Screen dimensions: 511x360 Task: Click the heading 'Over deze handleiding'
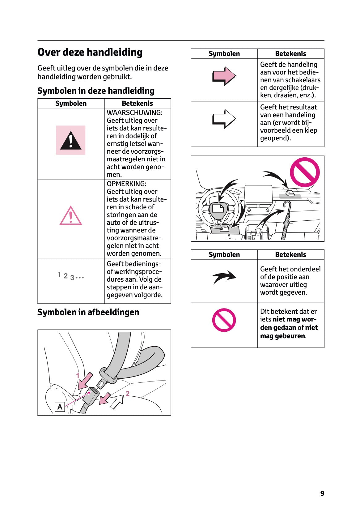tap(90, 52)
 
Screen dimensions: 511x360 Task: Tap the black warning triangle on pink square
tap(70, 140)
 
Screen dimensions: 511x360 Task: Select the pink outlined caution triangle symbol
tap(70, 216)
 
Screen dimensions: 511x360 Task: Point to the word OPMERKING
tap(126, 184)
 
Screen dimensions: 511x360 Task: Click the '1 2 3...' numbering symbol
tap(70, 276)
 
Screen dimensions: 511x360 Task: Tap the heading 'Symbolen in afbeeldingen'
tap(88, 312)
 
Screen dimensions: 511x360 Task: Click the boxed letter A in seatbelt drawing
tap(60, 407)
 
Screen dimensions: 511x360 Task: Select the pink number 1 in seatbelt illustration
tap(78, 376)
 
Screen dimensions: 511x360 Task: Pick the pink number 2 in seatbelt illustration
tap(127, 394)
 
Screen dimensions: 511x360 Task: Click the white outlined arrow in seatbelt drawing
tap(117, 402)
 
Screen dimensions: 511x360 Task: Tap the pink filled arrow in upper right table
tap(224, 76)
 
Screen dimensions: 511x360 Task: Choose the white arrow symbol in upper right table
tap(224, 119)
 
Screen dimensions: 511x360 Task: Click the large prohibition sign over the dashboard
tap(304, 172)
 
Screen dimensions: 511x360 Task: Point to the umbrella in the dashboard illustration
tap(286, 219)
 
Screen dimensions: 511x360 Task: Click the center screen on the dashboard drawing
tap(258, 195)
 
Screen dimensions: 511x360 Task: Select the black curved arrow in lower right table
tap(224, 277)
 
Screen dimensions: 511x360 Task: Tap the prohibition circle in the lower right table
tap(224, 320)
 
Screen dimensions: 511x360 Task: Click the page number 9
tap(322, 493)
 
